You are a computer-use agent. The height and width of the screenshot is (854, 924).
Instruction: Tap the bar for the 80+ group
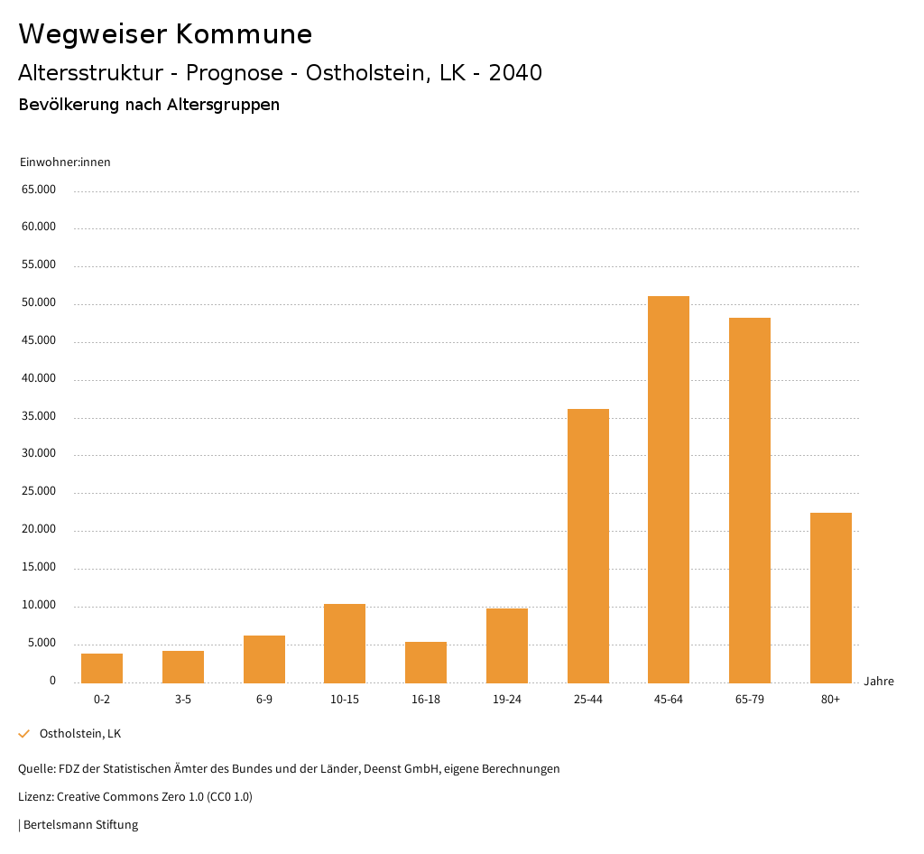pos(831,598)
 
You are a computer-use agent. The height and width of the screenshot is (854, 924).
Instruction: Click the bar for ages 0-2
pos(102,668)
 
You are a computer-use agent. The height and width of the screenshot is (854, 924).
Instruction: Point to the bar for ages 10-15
pos(345,643)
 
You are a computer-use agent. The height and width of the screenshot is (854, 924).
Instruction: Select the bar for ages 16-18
pos(426,662)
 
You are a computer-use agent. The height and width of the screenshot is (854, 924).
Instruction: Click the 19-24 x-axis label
pos(507,700)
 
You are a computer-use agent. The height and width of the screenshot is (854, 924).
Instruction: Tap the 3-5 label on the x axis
pos(183,700)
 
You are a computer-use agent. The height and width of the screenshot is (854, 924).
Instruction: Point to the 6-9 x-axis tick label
pos(264,700)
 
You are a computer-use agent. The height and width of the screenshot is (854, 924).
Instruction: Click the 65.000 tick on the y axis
pos(39,190)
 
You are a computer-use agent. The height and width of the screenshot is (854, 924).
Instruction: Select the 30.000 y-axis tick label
pos(39,454)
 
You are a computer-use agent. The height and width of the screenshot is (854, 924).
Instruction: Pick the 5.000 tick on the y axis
pos(42,643)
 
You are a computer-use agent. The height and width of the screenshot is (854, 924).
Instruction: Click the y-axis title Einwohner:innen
pos(65,162)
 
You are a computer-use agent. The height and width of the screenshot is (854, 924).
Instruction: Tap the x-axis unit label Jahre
pos(879,682)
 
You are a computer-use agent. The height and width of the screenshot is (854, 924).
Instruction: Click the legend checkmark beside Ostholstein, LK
pos(24,734)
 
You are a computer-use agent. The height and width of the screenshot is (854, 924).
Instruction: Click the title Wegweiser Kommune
pos(165,34)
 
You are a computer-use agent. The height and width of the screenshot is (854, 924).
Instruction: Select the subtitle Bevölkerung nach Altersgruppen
pos(149,105)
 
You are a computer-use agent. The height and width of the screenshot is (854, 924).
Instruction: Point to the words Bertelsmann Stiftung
pos(80,825)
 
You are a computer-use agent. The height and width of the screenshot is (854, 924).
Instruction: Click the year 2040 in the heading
pos(515,73)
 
